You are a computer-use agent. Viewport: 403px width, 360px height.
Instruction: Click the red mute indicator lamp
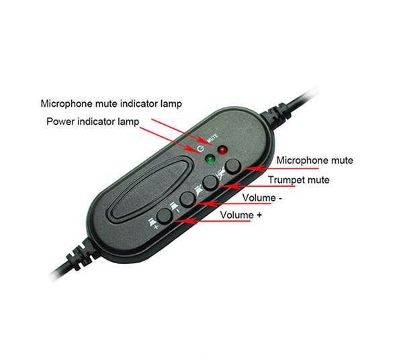tap(222, 150)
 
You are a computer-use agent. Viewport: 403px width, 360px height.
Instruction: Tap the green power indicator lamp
tap(210, 159)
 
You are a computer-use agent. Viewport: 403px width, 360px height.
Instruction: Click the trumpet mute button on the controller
tap(210, 182)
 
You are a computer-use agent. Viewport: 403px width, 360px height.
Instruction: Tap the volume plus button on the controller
tap(165, 216)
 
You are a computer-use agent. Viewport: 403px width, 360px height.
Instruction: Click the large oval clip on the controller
tap(151, 189)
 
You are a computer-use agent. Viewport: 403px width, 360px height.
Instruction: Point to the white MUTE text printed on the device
tap(212, 138)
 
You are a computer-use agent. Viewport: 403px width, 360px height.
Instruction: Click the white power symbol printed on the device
tap(200, 148)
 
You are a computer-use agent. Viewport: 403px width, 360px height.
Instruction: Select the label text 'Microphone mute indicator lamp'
tap(111, 103)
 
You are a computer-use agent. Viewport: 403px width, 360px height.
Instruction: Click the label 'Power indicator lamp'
tap(93, 122)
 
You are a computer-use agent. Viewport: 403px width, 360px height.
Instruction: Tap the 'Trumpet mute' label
tap(299, 180)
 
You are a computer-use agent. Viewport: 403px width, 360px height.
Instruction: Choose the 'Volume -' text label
tap(262, 198)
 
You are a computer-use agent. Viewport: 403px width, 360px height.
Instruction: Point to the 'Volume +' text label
tap(241, 215)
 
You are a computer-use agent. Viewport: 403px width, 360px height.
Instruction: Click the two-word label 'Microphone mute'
tap(314, 161)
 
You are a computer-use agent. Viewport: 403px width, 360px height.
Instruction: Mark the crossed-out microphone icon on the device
tap(221, 173)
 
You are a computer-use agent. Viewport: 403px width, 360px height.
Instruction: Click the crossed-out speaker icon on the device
tap(198, 191)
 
